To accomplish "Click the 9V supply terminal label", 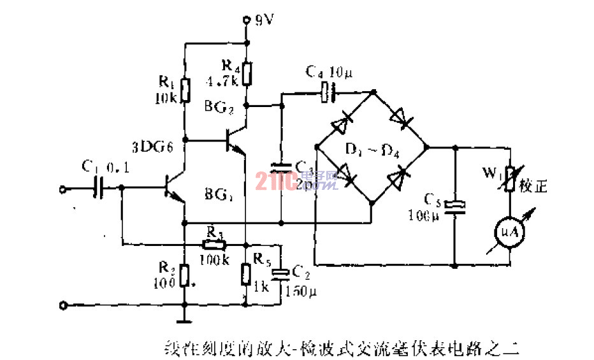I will click(x=264, y=20).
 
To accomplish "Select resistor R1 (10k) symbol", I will click(x=185, y=90).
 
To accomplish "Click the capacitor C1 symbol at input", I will click(x=101, y=188).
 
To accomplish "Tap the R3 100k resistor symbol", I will click(x=213, y=245).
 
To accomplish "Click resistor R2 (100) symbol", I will click(x=185, y=275).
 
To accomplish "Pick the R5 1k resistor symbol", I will click(x=246, y=275).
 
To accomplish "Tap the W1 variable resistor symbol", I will click(x=511, y=179).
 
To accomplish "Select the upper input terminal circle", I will click(x=62, y=189).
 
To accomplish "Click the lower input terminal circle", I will click(x=62, y=306).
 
